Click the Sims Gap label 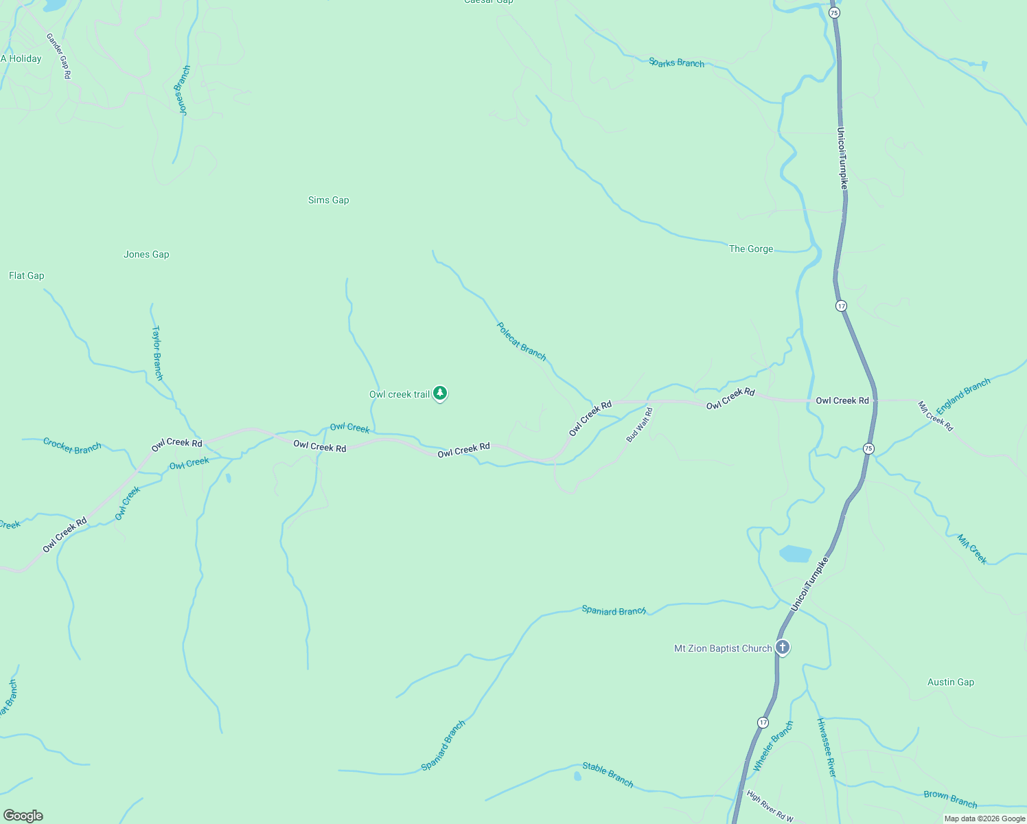(x=328, y=201)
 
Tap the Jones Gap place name (x=146, y=255)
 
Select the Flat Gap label (x=27, y=276)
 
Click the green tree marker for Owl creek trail (x=440, y=393)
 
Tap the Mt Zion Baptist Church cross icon (x=783, y=648)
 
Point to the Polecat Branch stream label (x=522, y=341)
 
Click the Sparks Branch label (x=676, y=62)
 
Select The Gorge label (x=751, y=249)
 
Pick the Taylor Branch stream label (x=157, y=353)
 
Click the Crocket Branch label (x=72, y=446)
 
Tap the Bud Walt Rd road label (x=639, y=425)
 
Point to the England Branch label (x=963, y=396)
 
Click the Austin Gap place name (x=950, y=683)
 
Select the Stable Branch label (x=608, y=774)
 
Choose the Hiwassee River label (x=827, y=748)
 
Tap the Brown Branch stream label (x=950, y=799)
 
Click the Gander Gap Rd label (x=58, y=56)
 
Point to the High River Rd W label (x=770, y=807)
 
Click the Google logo (x=23, y=816)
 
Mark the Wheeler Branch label (x=773, y=746)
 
